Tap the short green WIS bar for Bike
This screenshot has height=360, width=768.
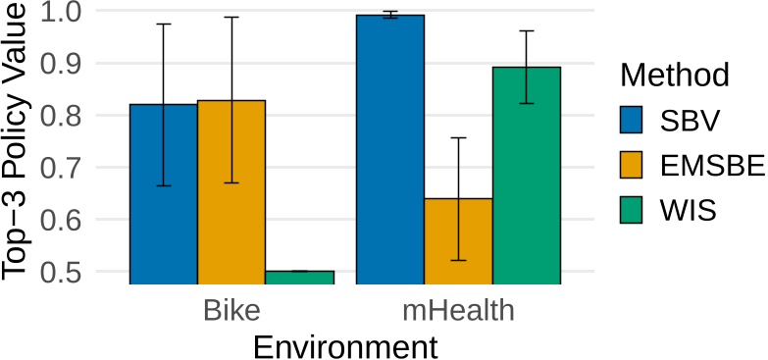point(299,277)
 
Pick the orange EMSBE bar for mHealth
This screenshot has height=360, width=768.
point(458,240)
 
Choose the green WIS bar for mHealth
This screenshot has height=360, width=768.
point(527,176)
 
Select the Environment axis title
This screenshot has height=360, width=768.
point(344,345)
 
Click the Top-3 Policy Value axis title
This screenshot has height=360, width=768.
point(21,142)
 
